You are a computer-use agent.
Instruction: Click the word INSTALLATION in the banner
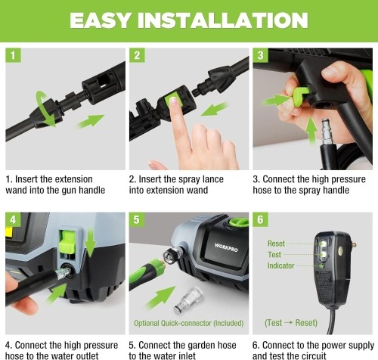[222, 20]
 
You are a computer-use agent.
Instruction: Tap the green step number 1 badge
[13, 55]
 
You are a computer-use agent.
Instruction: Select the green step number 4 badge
[13, 219]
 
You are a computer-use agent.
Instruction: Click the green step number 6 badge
[260, 219]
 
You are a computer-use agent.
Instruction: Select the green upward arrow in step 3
[311, 130]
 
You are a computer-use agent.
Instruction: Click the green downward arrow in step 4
[90, 241]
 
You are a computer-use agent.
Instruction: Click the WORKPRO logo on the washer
[226, 247]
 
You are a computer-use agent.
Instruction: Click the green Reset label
[276, 244]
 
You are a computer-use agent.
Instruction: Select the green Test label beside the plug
[274, 255]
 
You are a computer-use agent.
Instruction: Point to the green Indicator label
[280, 265]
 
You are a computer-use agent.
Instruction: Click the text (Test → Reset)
[291, 323]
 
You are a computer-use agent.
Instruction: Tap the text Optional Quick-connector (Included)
[189, 323]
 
